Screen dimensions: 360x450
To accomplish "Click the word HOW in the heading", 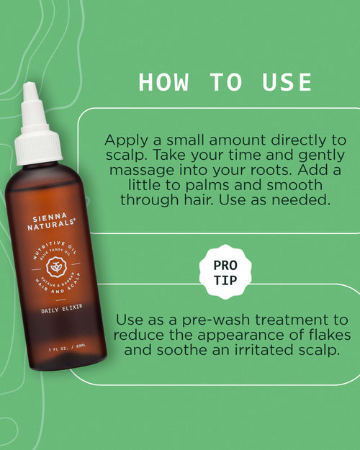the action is (163, 82).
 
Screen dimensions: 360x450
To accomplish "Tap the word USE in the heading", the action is (287, 82).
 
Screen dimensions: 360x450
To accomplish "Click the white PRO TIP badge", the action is (225, 272).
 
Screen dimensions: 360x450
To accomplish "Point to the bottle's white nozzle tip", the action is (30, 86).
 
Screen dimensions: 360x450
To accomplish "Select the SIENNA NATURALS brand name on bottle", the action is (51, 222).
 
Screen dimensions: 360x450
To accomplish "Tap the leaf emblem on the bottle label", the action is (57, 267).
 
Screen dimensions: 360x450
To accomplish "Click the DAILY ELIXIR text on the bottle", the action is (62, 308).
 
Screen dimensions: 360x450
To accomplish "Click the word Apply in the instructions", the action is (126, 141).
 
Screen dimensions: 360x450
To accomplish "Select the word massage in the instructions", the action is (142, 171).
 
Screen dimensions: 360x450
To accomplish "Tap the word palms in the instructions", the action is (207, 185).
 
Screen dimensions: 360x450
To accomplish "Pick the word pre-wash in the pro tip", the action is (217, 320).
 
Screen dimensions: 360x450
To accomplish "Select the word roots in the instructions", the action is (272, 171).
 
